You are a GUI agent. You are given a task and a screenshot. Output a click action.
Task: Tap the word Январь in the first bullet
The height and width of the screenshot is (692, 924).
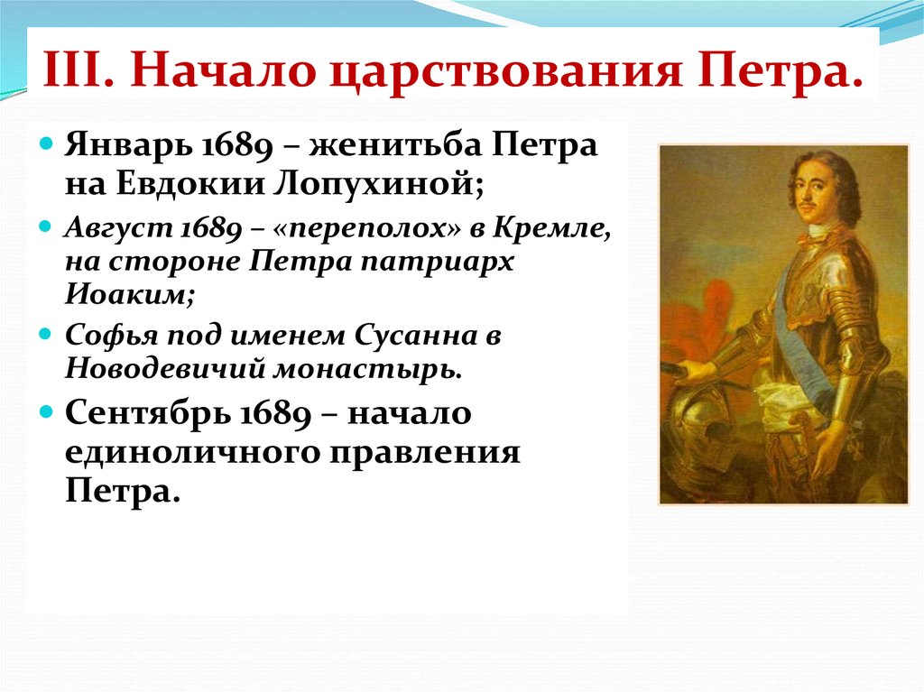coord(128,145)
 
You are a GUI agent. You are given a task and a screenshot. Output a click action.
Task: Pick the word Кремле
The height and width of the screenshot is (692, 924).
coord(551,227)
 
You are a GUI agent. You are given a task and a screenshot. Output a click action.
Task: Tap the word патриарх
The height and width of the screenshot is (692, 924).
coord(437,262)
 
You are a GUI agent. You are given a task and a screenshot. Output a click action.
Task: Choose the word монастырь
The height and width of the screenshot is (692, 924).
coord(366,370)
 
